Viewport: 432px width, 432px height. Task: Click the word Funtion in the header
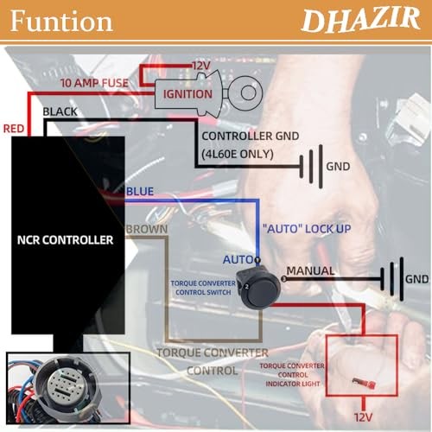(61, 21)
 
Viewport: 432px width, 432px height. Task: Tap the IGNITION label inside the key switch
(187, 94)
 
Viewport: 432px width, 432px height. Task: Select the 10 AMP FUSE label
(94, 83)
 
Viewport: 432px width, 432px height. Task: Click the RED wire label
(14, 129)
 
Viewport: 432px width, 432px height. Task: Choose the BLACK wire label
(60, 111)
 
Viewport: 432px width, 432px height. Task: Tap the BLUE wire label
(140, 191)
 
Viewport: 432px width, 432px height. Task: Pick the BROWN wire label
(147, 229)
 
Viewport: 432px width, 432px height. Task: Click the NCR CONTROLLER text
(65, 240)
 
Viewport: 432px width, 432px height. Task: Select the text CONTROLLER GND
(251, 136)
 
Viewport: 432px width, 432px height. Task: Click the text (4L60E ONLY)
(238, 154)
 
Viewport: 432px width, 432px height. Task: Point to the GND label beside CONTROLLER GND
(338, 167)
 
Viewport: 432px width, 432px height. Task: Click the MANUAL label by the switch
(310, 270)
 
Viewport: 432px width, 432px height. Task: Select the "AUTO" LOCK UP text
(307, 229)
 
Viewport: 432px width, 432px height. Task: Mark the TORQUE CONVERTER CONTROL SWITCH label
(203, 288)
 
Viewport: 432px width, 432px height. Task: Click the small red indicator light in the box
(364, 384)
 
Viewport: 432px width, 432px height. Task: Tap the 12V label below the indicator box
(363, 417)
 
